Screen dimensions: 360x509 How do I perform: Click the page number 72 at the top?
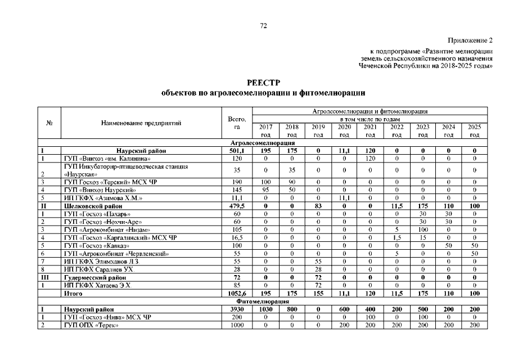point(263,26)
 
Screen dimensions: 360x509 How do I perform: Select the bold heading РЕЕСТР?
point(263,83)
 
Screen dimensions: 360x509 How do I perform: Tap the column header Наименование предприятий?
point(141,123)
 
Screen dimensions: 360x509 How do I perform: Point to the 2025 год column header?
point(474,130)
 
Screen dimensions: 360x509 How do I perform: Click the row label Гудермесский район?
point(94,277)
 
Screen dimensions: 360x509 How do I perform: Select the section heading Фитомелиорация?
point(263,301)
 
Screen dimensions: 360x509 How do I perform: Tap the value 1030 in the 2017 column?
point(266,309)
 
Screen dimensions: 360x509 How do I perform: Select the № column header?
point(48,123)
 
